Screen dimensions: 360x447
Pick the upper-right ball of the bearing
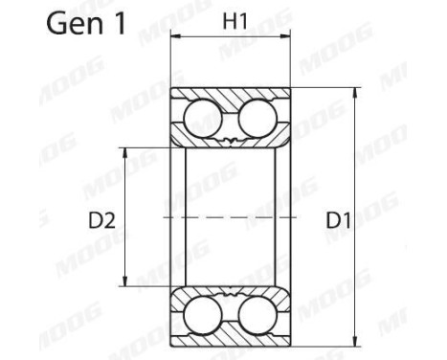pyautogui.click(x=257, y=120)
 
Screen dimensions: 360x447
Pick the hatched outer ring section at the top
pyautogui.click(x=231, y=97)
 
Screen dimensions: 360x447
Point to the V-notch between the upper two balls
pyautogui.click(x=231, y=142)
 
